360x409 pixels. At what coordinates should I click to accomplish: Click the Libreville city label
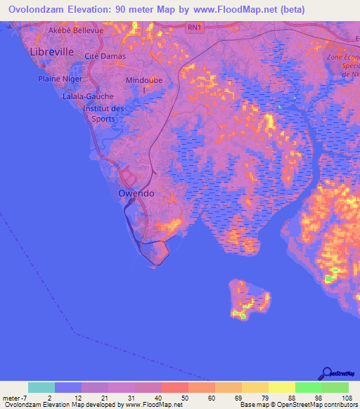pyautogui.click(x=51, y=52)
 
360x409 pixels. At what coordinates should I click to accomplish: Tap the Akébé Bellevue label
pyautogui.click(x=76, y=31)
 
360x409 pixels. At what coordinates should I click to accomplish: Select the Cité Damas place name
pyautogui.click(x=105, y=56)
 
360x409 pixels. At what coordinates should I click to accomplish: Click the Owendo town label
pyautogui.click(x=136, y=193)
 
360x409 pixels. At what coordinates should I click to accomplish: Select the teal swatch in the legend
pyautogui.click(x=41, y=387)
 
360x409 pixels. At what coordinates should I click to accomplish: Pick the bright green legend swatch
pyautogui.click(x=309, y=387)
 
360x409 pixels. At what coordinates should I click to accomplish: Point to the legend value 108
pyautogui.click(x=347, y=398)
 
